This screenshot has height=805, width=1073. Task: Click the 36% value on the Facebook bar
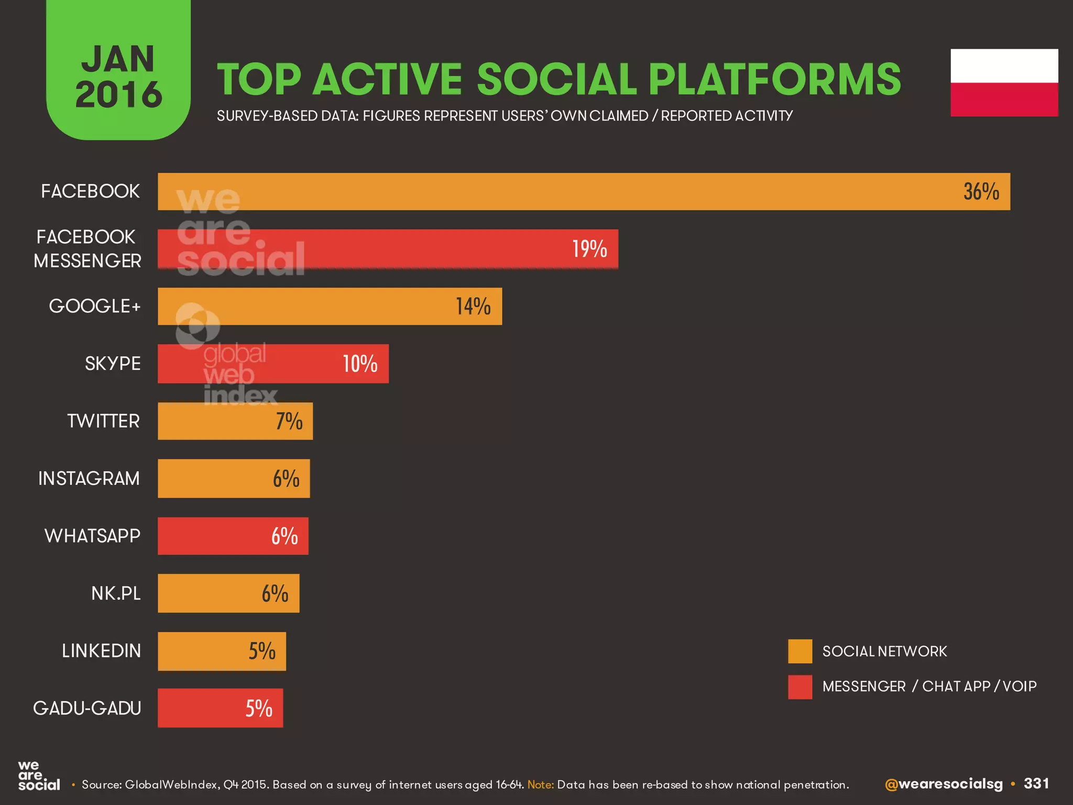click(x=981, y=192)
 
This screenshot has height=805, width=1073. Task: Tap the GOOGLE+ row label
click(x=95, y=306)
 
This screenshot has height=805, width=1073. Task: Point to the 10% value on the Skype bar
click(x=360, y=364)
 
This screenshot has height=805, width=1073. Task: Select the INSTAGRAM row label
click(x=89, y=478)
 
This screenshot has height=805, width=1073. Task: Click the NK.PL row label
click(x=116, y=593)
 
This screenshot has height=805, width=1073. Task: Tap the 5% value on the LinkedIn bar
click(x=261, y=651)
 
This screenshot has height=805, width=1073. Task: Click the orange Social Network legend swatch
click(x=800, y=651)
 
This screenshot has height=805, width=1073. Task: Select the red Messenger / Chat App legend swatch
click(x=800, y=687)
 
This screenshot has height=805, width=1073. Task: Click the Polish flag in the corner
click(x=1004, y=83)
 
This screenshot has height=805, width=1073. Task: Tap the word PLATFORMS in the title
click(x=774, y=80)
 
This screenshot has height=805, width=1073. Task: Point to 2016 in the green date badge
click(x=118, y=95)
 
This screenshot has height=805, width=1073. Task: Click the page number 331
click(x=1036, y=784)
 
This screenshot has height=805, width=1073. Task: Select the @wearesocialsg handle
click(x=943, y=784)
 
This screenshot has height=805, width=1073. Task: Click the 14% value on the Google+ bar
click(x=473, y=307)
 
